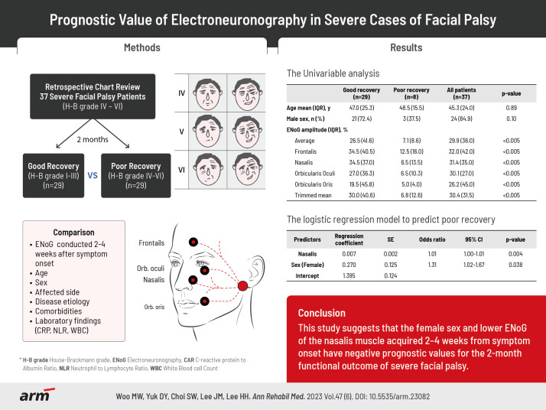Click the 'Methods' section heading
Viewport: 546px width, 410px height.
141,48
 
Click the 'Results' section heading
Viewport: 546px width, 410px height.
406,48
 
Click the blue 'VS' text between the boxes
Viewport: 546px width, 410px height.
92,175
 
